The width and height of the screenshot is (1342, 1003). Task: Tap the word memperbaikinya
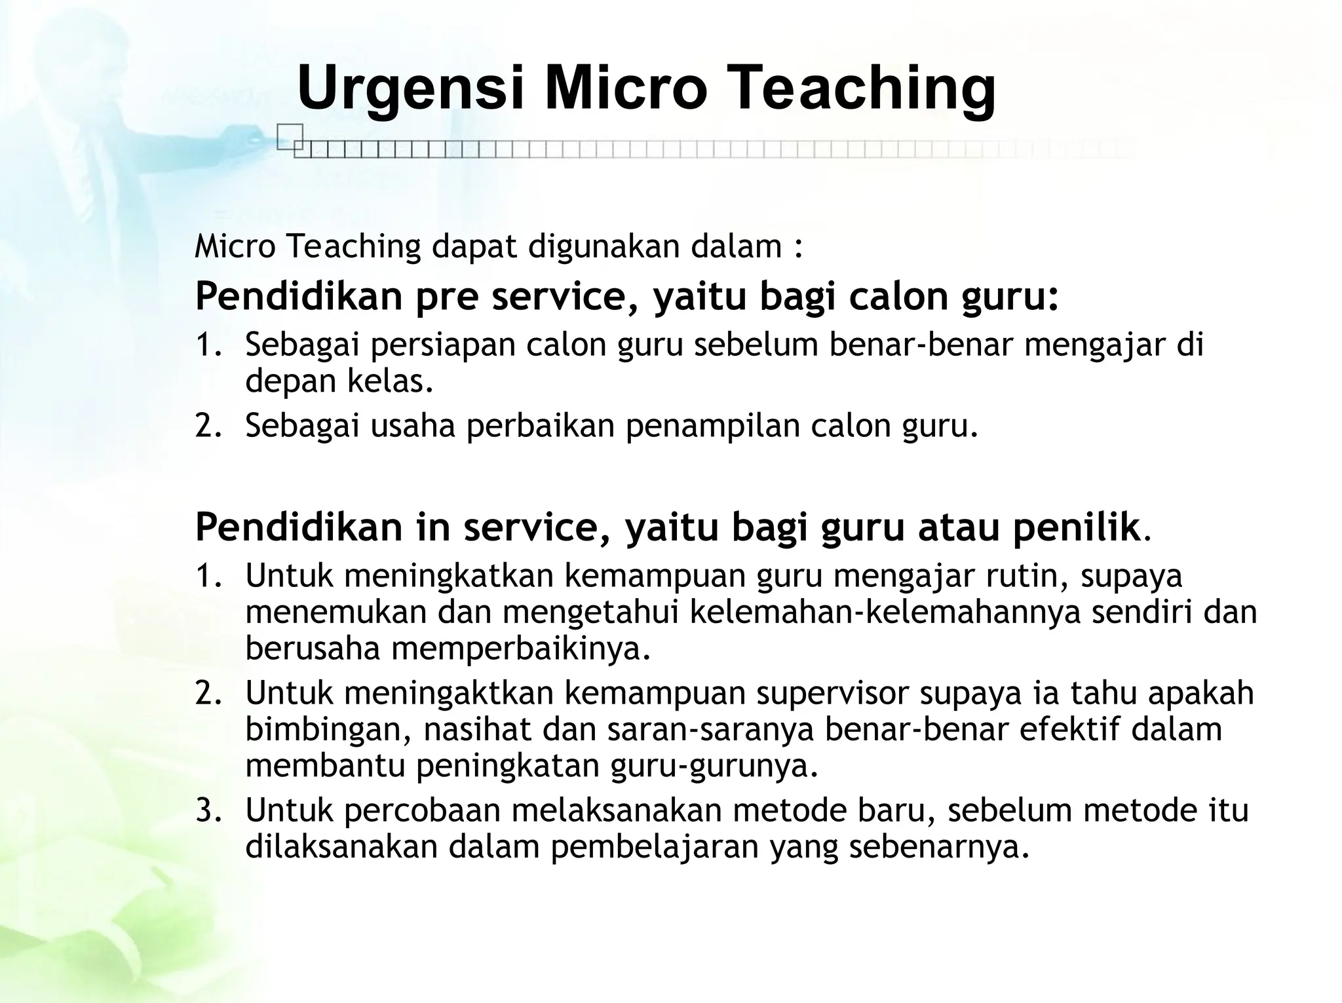coord(522,649)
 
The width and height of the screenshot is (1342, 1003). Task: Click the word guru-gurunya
coord(714,766)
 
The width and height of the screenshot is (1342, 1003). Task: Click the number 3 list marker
coord(204,811)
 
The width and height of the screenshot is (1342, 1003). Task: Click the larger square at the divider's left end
coord(290,136)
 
